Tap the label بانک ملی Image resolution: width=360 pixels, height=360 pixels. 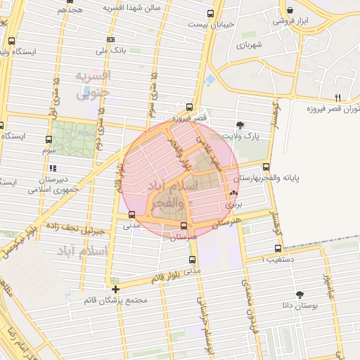click(92, 51)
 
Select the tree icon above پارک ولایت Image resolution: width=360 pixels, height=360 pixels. click(241, 124)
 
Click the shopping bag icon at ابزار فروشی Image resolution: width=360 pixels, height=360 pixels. click(290, 11)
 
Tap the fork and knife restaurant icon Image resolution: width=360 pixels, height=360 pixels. click(337, 97)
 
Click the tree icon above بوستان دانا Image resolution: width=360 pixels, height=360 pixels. click(300, 295)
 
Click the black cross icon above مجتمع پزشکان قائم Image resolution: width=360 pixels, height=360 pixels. click(115, 289)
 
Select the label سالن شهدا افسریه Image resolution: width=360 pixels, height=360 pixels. click(133, 7)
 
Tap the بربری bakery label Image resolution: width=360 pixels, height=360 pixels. click(233, 205)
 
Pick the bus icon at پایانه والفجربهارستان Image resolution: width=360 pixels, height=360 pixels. click(266, 167)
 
